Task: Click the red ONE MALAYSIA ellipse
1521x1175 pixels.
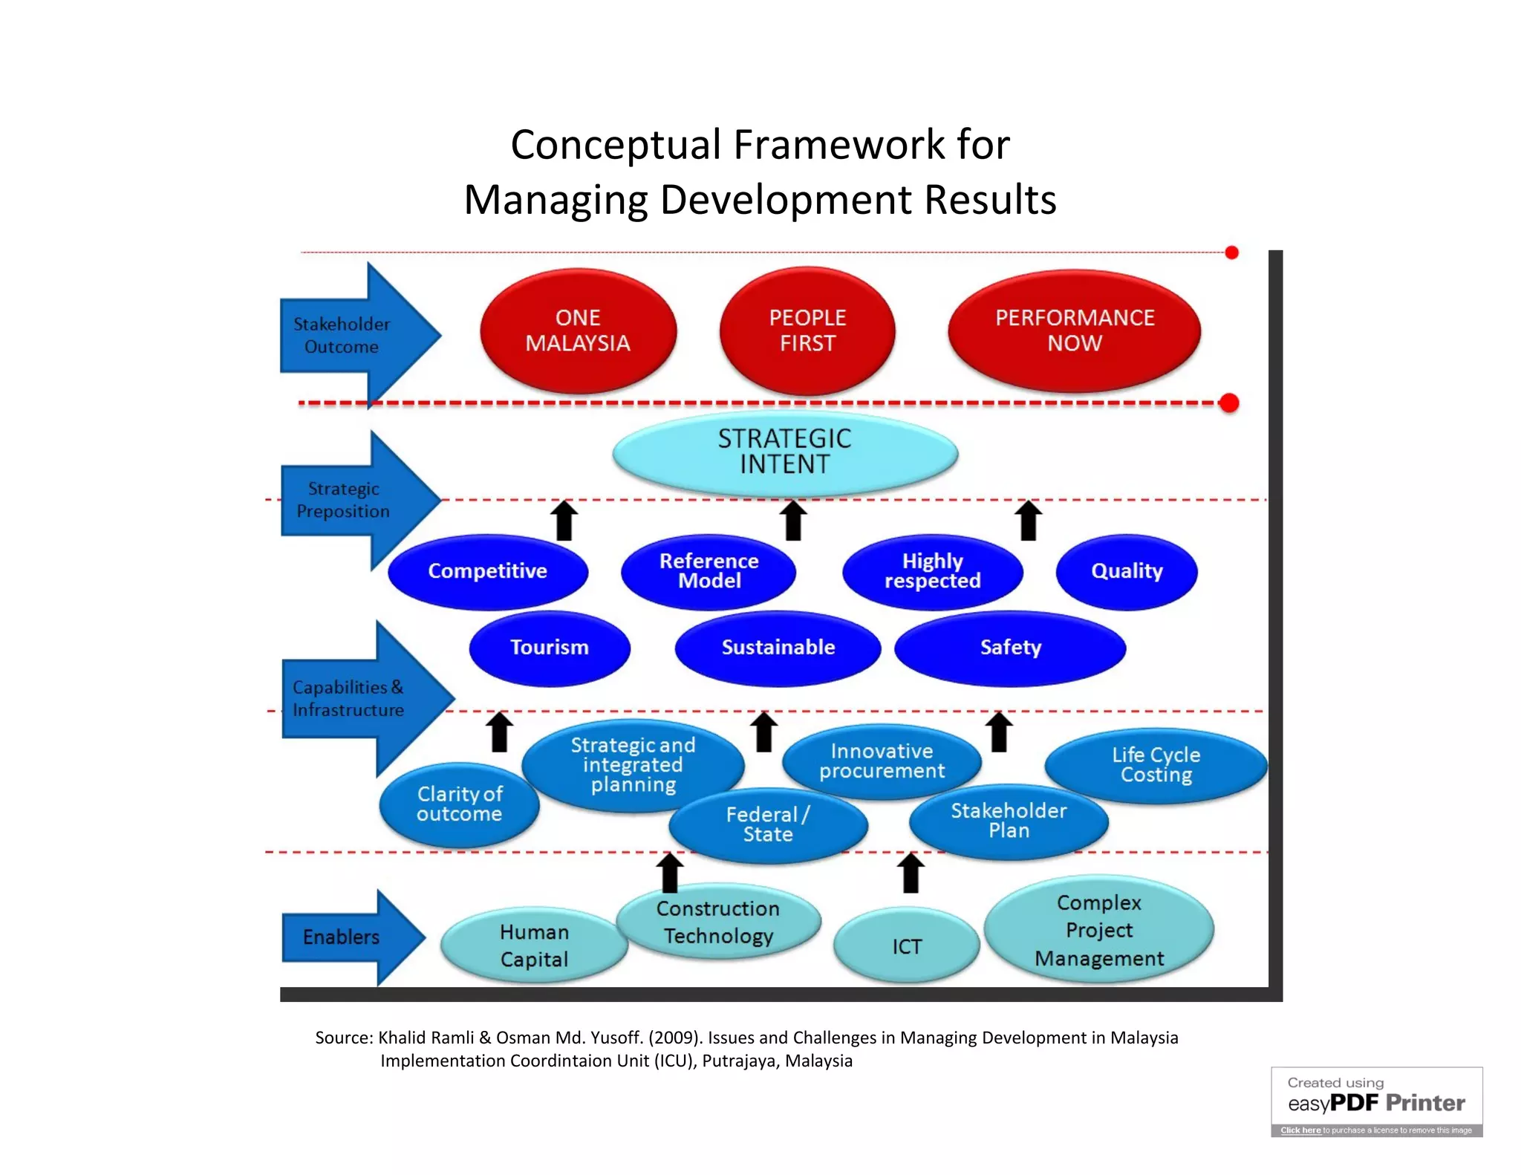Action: [578, 331]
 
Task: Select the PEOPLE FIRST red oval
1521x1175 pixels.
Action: [807, 331]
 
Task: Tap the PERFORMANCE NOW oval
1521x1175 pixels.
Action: [1074, 331]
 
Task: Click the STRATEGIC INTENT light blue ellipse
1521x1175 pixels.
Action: [784, 452]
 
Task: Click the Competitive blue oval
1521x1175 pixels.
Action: [487, 571]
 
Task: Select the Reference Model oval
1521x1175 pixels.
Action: [709, 571]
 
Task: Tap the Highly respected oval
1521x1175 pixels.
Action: [932, 571]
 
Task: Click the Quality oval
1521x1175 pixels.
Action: [1126, 571]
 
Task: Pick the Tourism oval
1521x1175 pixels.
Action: [550, 648]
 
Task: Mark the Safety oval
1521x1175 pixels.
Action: [1010, 648]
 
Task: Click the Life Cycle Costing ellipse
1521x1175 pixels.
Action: [1156, 765]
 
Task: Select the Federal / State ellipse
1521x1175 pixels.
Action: [768, 824]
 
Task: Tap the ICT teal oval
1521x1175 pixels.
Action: [906, 946]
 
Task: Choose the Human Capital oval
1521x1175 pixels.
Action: [533, 946]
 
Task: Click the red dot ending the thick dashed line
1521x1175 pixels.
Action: [1229, 403]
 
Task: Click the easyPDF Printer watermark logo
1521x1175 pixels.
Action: [1376, 1102]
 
